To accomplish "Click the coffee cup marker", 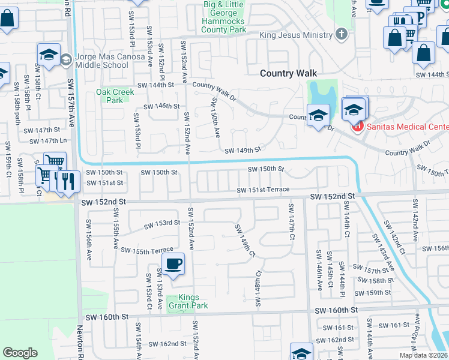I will [173, 263].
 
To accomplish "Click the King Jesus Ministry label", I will [296, 35].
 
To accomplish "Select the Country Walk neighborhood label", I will [288, 73].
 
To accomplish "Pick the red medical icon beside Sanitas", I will [358, 127].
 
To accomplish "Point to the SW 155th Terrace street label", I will [147, 250].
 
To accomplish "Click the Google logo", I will [20, 353].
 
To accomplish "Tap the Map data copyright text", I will [424, 355].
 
